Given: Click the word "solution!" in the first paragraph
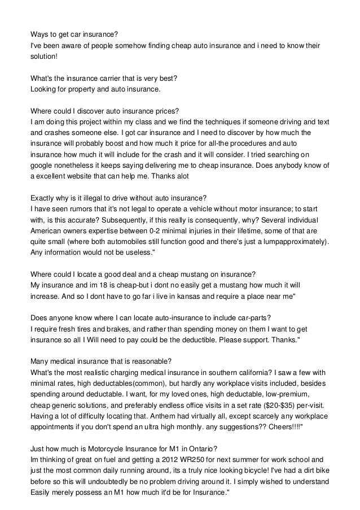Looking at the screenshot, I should point(44,57).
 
